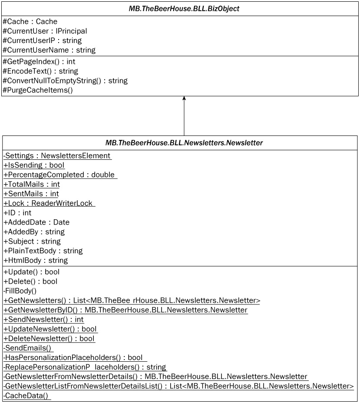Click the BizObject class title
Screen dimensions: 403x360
184,9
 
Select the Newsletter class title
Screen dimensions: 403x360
184,143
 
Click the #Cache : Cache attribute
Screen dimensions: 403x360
30,21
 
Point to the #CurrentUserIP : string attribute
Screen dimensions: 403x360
42,40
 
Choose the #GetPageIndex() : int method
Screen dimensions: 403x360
39,62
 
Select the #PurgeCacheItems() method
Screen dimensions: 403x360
38,90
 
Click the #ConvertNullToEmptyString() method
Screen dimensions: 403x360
65,81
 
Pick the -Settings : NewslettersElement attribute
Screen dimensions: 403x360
57,155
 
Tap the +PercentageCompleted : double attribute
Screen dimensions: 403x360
59,175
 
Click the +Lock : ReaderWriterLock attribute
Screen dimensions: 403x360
49,203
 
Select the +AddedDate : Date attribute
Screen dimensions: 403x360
36,222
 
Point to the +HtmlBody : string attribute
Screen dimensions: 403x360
36,261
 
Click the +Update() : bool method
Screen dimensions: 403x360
31,272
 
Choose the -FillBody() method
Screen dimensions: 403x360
20,291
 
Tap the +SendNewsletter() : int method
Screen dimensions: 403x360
43,320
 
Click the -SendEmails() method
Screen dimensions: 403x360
28,348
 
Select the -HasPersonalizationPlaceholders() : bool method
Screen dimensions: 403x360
74,358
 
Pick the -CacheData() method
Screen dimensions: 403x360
26,396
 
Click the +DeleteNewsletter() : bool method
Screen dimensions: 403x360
50,339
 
